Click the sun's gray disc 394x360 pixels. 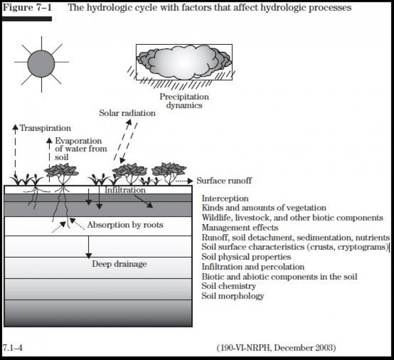click(x=41, y=64)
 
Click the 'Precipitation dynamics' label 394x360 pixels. click(x=184, y=101)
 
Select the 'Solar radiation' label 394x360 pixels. click(x=127, y=113)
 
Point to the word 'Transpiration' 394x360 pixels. click(x=45, y=128)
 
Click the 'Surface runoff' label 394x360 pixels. click(x=224, y=181)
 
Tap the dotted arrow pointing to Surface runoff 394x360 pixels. click(x=184, y=181)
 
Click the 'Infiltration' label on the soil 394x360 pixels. click(x=125, y=190)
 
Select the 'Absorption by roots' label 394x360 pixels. click(x=125, y=225)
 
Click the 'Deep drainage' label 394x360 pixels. click(x=119, y=264)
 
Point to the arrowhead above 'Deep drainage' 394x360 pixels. click(x=89, y=256)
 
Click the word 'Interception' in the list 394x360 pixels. click(x=225, y=198)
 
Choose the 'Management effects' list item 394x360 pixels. click(x=240, y=228)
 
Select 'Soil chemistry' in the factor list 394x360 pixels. click(x=229, y=286)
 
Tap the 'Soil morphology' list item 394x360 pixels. click(x=232, y=296)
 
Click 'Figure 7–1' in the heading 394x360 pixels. click(x=27, y=7)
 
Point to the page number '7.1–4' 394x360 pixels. click(x=13, y=348)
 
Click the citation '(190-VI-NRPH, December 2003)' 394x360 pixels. click(x=276, y=348)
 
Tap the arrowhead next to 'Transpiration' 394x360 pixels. click(x=16, y=127)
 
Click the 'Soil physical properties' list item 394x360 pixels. click(x=246, y=257)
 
